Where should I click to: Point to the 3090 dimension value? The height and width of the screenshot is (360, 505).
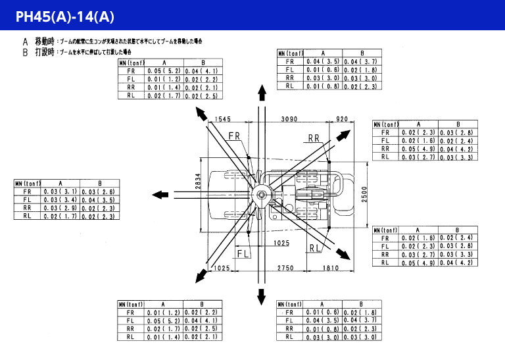coord(289,119)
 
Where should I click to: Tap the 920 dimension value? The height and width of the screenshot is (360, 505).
coord(342,119)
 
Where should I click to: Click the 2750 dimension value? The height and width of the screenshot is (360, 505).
coord(285,268)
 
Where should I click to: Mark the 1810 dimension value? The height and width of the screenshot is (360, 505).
coord(331,268)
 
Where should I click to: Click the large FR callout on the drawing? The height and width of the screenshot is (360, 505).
coord(235,136)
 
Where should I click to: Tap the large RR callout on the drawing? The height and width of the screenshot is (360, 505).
coord(313,138)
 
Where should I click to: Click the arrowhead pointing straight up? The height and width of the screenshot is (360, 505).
coord(262,91)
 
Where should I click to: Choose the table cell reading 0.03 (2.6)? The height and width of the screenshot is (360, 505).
coord(99,192)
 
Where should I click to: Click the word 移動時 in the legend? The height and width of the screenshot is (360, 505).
coord(44,41)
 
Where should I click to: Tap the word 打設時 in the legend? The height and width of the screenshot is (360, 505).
coord(44,51)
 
